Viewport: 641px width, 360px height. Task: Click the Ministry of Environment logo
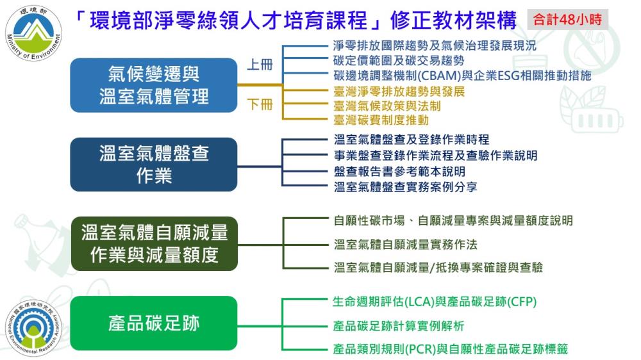tap(34, 33)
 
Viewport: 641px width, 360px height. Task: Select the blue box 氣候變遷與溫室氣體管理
tap(154, 85)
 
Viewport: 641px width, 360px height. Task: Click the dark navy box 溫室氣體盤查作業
tap(154, 164)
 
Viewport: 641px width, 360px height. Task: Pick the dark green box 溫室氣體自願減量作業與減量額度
tap(154, 243)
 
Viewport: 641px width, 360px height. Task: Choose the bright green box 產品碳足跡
tap(154, 323)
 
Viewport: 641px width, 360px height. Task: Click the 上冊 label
tap(260, 65)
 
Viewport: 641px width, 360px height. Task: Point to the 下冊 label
tap(260, 105)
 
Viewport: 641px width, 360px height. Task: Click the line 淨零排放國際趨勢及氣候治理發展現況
tap(435, 46)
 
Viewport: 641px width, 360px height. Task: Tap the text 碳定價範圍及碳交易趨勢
tap(398, 61)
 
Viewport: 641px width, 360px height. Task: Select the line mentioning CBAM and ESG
tap(462, 76)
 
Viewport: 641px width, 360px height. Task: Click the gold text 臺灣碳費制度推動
tap(381, 120)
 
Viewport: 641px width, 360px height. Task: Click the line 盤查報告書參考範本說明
tap(399, 172)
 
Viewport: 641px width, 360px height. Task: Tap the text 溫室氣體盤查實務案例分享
tap(405, 187)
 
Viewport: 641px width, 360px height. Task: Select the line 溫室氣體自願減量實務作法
tap(405, 245)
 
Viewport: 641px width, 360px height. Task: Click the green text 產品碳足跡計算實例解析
tap(399, 326)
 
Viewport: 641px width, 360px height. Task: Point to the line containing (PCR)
tap(451, 350)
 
